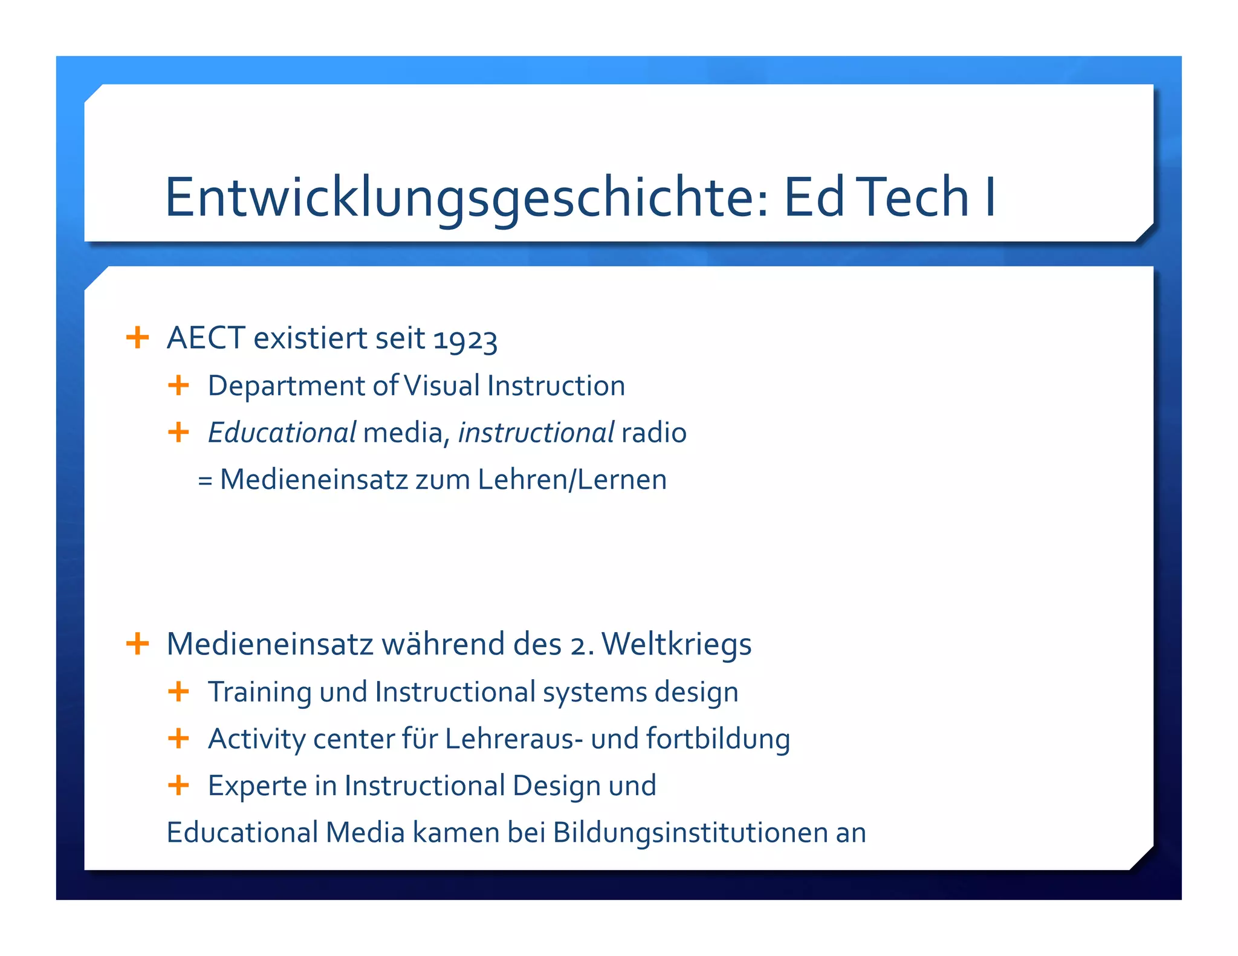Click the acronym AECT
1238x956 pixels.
(x=206, y=338)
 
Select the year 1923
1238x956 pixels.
(x=465, y=340)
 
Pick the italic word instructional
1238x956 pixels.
(x=536, y=433)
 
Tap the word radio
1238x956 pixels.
(x=654, y=433)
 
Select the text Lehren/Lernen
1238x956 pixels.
(x=572, y=480)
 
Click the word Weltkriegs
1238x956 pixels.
(x=676, y=644)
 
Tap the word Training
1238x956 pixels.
(x=259, y=693)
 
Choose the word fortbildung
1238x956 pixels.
(x=718, y=738)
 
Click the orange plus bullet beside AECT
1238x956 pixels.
(x=137, y=337)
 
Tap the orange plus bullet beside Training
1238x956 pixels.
(x=178, y=691)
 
